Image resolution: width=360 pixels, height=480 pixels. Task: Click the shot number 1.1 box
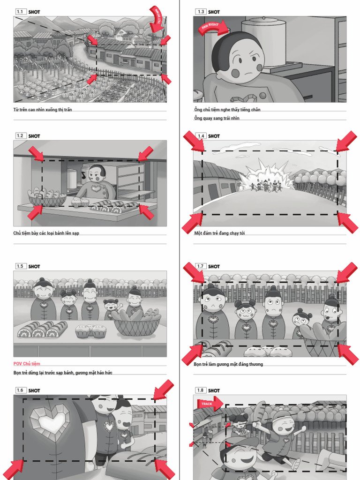pos(20,11)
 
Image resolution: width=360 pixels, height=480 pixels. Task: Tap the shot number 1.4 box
pos(201,136)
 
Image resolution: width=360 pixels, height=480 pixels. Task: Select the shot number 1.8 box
pos(201,390)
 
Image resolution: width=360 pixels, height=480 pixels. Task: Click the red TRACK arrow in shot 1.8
pos(209,403)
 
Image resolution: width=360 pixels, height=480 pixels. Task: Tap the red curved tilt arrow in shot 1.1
pos(157,18)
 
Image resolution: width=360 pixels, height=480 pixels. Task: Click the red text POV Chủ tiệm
pos(27,364)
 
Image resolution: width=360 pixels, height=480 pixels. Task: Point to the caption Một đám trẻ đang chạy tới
pos(219,233)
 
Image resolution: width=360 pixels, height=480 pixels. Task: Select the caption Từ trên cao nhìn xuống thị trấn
pos(43,110)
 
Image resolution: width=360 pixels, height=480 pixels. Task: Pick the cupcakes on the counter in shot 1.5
pos(90,331)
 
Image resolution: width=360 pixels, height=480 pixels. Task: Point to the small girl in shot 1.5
pos(111,309)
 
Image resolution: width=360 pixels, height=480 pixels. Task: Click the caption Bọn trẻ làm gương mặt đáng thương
pos(228,364)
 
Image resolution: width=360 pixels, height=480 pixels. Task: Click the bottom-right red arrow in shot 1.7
pos(347,354)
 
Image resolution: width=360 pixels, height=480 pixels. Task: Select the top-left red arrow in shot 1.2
pos(37,153)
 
